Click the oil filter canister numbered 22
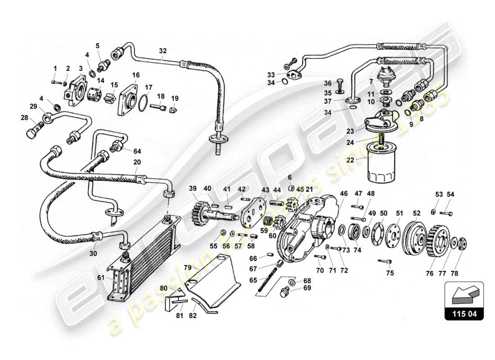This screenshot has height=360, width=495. pos(382,163)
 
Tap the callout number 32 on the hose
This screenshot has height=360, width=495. pos(162,51)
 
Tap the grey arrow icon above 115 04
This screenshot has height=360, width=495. pos(463,295)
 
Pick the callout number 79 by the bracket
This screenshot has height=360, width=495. pos(187,267)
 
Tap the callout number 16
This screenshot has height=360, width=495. pos(136,75)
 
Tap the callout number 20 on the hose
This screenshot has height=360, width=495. pos(137,162)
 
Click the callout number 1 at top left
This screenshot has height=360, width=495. pos(55,68)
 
